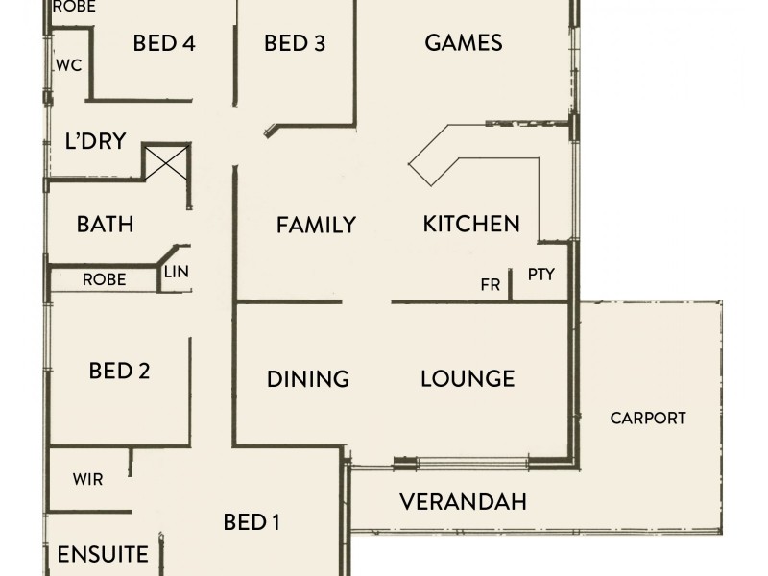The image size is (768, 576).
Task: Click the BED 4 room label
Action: coord(164,43)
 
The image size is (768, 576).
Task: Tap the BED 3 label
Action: coord(295,43)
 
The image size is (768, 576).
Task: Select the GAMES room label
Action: coord(464,43)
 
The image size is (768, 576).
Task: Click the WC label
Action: coord(67,66)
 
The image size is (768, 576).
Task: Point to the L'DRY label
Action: coord(95,141)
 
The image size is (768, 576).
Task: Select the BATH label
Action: coord(105,225)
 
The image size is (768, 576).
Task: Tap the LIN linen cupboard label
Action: coord(177,272)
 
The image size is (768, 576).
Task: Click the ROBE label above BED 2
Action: coord(104,280)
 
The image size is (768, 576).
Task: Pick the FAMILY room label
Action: coord(316,226)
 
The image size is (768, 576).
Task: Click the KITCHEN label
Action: coord(471,225)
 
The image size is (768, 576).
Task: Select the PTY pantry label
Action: coord(541,275)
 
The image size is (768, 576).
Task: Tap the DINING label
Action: coord(307,379)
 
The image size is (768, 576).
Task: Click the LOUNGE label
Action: coord(468,378)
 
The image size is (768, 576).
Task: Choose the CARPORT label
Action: coord(648,418)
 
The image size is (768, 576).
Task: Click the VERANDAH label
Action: coord(463,501)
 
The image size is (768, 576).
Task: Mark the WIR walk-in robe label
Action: coord(87,479)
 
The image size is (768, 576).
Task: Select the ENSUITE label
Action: coord(103,555)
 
